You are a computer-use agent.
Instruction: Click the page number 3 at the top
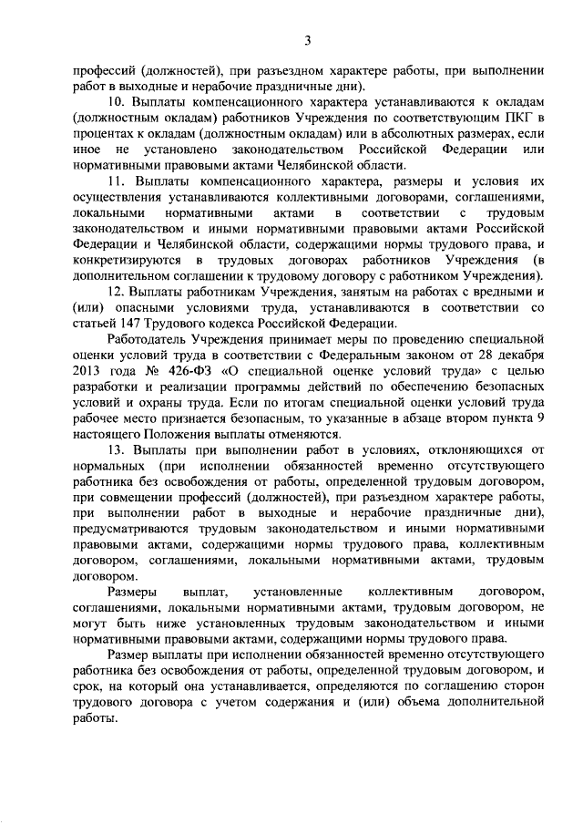tap(308, 39)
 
